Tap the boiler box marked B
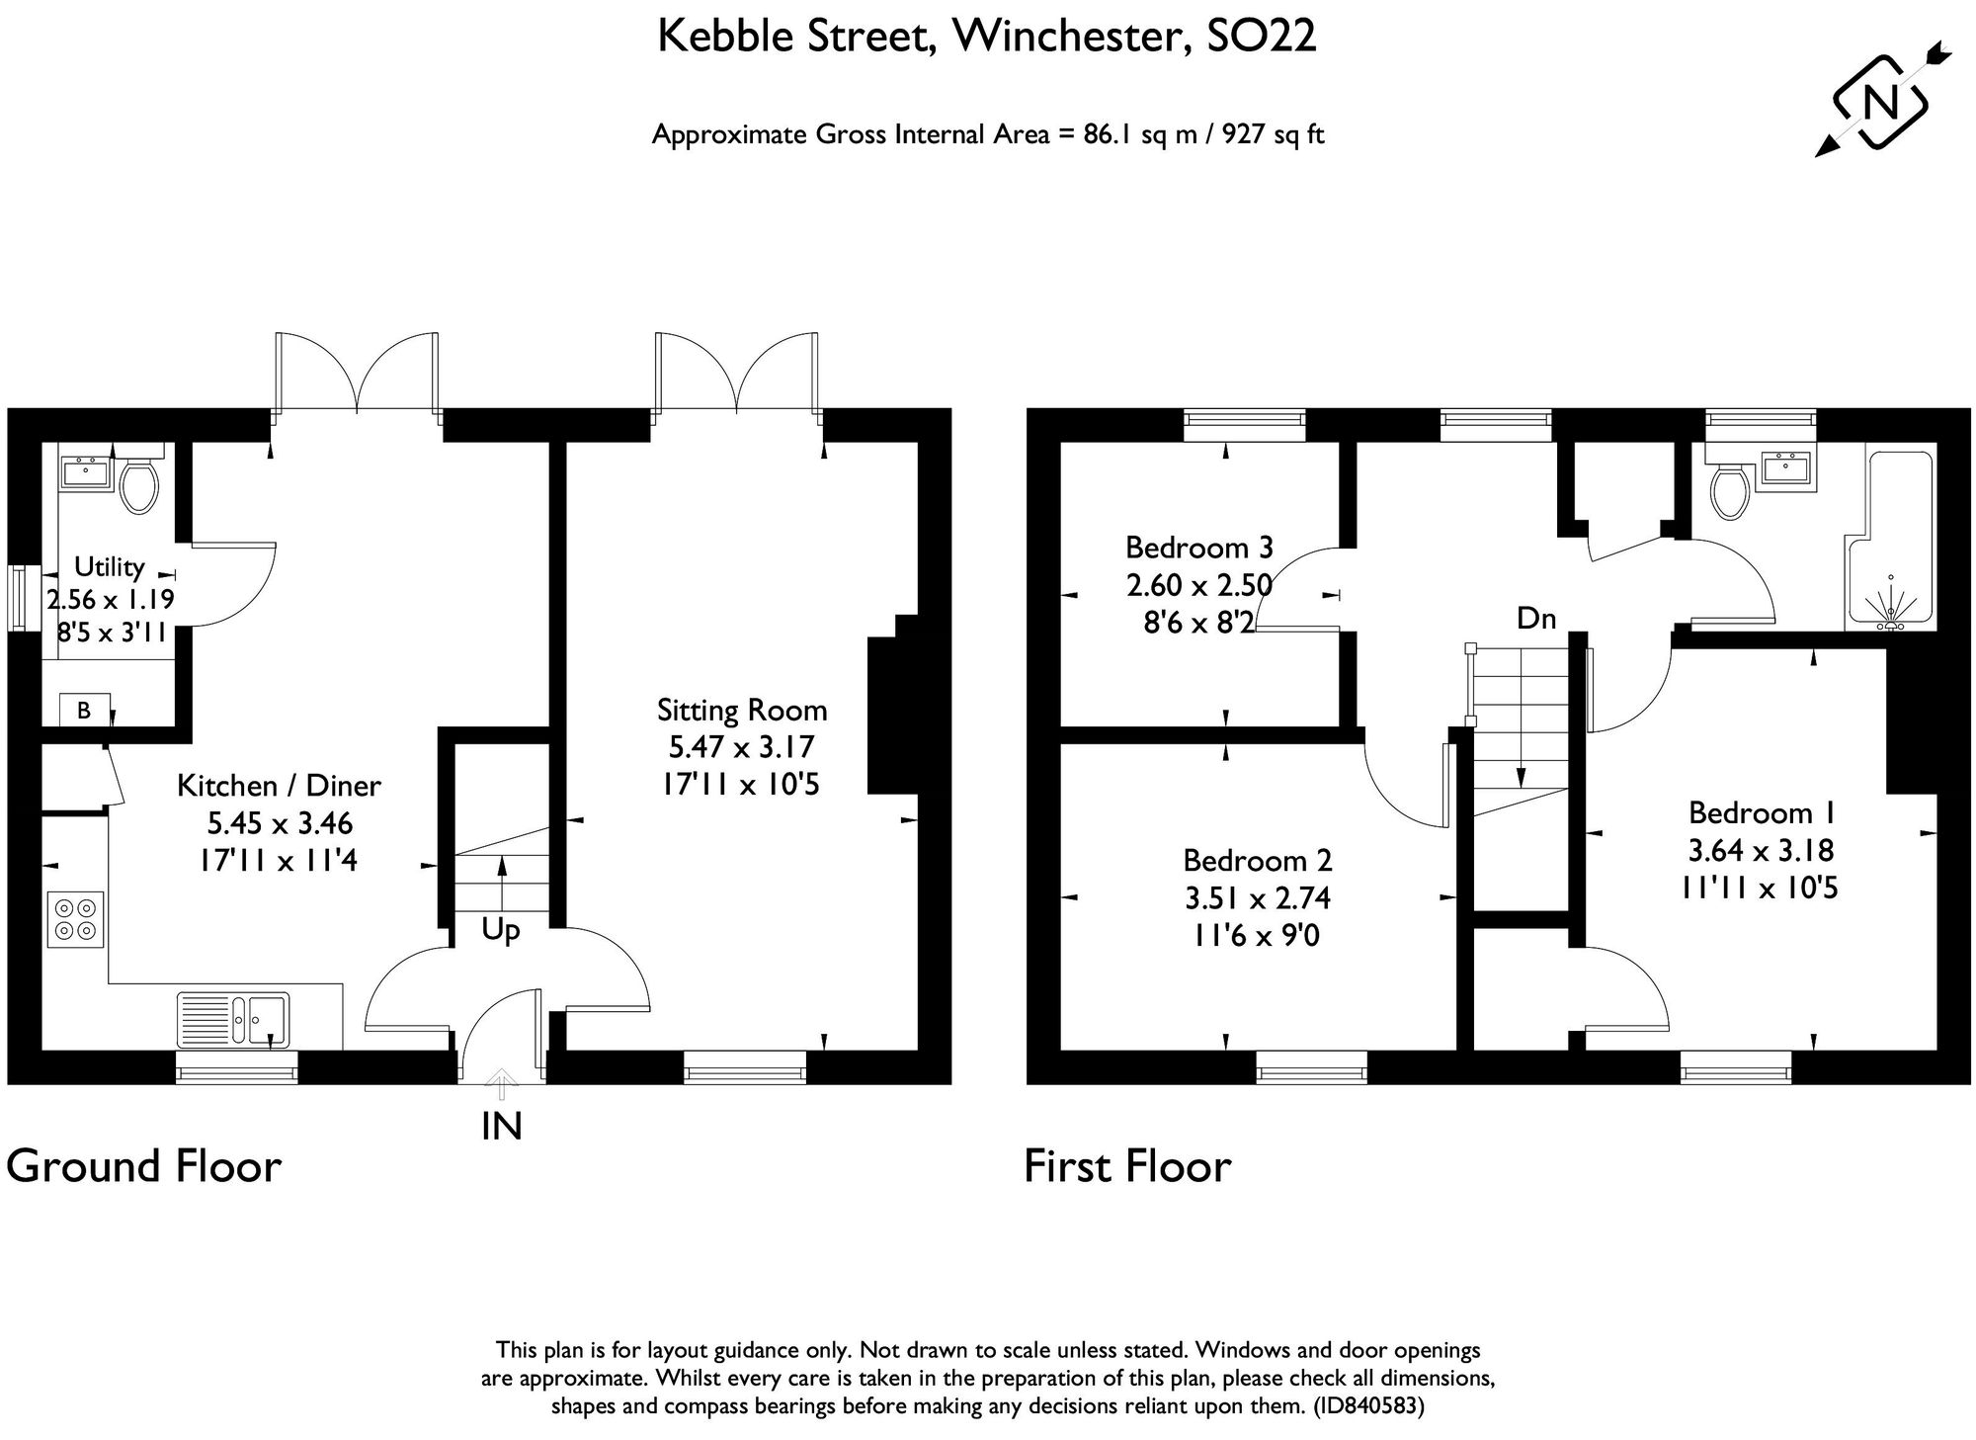coord(84,710)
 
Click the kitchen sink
coord(233,1019)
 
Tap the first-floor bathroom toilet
coord(1729,492)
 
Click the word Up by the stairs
coord(501,930)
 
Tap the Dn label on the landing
coord(1536,619)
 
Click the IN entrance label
coord(501,1126)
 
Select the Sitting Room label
coord(742,710)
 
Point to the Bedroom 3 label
coord(1198,547)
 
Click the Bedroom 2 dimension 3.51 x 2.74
coord(1258,897)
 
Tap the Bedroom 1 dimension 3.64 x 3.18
coord(1761,850)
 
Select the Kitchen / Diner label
coord(279,786)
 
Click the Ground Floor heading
coord(144,1166)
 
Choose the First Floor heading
coord(1127,1166)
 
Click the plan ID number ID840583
coord(1367,1405)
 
